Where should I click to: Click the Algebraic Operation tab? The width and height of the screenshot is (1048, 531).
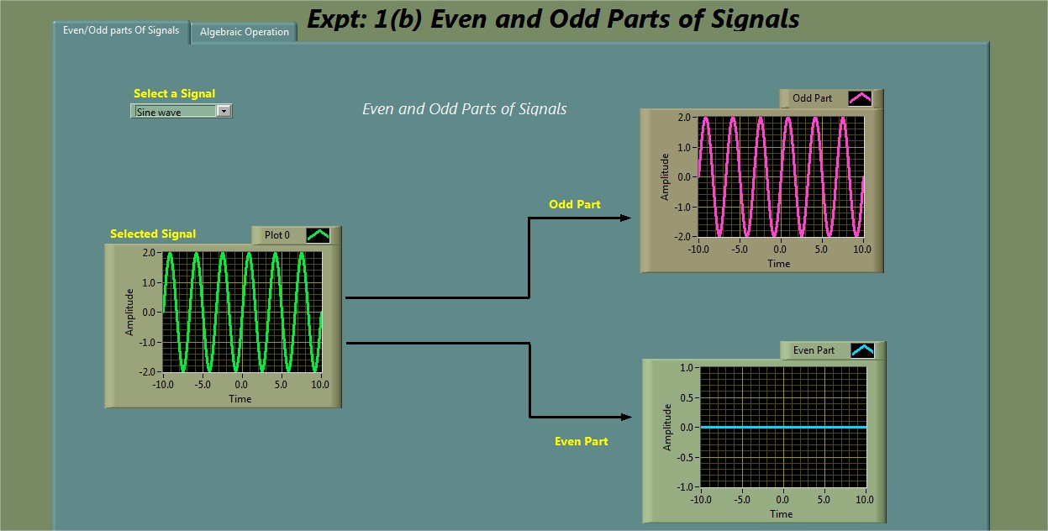tap(245, 32)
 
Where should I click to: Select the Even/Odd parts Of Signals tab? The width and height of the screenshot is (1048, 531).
tap(121, 31)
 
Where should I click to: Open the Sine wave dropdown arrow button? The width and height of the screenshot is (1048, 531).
tap(224, 112)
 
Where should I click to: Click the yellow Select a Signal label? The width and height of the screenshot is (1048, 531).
tap(175, 93)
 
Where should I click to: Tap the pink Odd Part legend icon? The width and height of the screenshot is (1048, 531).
tap(860, 98)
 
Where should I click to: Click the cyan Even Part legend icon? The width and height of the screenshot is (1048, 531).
tap(862, 350)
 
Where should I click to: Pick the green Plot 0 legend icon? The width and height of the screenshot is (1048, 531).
tap(319, 235)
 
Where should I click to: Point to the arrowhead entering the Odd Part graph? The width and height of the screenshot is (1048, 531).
tap(625, 218)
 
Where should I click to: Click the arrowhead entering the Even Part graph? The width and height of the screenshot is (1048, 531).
tap(626, 417)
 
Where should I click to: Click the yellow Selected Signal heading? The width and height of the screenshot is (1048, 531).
tap(153, 234)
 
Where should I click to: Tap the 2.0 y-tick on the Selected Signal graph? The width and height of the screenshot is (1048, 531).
tap(149, 253)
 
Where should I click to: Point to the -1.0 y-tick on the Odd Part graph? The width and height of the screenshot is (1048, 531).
tap(683, 208)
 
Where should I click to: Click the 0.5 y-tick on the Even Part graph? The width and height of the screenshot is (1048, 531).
tap(687, 397)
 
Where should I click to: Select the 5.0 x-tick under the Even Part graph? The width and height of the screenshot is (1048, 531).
tap(824, 500)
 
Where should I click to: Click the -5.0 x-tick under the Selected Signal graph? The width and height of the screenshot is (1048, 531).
tap(202, 385)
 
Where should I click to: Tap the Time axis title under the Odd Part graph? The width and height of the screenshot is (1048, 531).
tap(779, 264)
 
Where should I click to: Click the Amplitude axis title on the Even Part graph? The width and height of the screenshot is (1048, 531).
tap(667, 427)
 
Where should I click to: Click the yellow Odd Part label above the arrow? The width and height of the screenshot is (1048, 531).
tap(575, 204)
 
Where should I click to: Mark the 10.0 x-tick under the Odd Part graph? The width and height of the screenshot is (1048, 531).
tap(862, 250)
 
